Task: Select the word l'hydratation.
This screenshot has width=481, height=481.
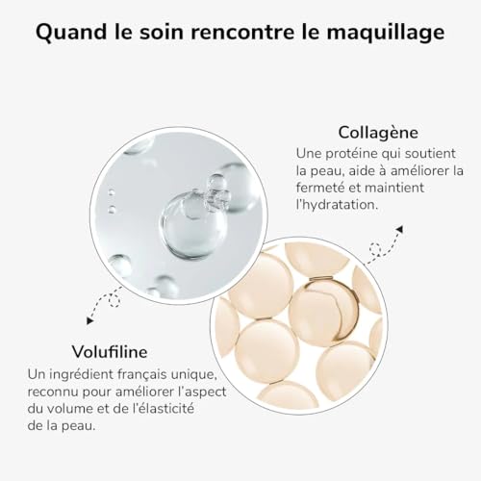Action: [x=340, y=206]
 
